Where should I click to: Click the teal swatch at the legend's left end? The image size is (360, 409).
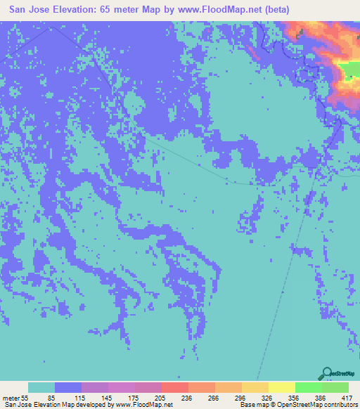click(x=41, y=387)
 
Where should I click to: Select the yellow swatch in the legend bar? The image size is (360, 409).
click(x=282, y=387)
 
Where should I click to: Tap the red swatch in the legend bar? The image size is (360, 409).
click(x=175, y=387)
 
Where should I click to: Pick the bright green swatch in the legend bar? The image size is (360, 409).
click(x=309, y=387)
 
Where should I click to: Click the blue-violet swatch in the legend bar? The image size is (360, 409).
click(x=68, y=387)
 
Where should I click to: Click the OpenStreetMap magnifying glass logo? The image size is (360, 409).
click(x=327, y=373)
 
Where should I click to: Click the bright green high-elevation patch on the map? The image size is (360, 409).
click(x=348, y=70)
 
